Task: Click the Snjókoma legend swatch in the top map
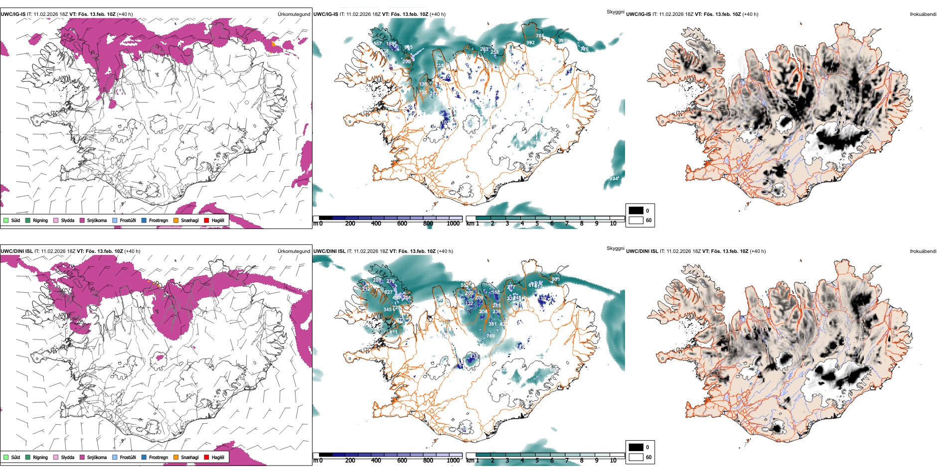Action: coord(82,220)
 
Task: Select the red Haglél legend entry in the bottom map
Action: coord(206,457)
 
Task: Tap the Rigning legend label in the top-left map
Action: coord(40,220)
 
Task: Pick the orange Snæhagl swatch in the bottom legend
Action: coord(176,457)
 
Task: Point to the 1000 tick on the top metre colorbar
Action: coord(453,224)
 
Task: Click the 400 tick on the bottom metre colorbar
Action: coord(376,461)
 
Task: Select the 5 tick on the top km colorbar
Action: coord(537,224)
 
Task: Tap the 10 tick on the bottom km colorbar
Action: coord(613,461)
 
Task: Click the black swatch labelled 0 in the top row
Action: coord(636,210)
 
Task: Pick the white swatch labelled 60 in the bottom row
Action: coord(636,457)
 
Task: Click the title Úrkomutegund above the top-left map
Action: coord(294,14)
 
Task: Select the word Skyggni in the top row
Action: coord(615,11)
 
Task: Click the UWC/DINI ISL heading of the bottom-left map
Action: coord(16,251)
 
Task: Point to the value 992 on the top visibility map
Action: coord(530,43)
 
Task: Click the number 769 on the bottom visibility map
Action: coord(490,336)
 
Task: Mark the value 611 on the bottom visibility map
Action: coord(394,332)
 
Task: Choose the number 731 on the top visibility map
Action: coord(439,66)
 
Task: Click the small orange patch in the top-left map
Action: coord(273,44)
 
